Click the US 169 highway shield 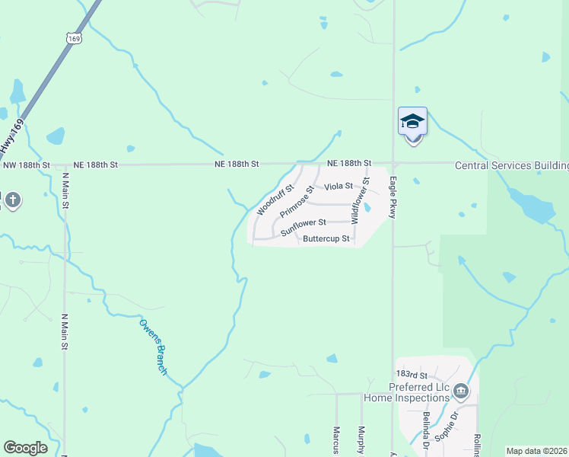pos(74,38)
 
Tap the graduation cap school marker pos(412,122)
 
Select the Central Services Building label pos(511,165)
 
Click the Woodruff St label pos(275,197)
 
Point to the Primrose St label pos(297,200)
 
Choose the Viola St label pos(339,186)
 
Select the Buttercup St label pos(326,238)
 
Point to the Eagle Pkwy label pos(393,199)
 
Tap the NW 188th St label pos(26,165)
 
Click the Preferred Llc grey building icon pos(461,392)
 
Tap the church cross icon pos(12,201)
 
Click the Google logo pos(25,448)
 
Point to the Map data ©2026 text pos(537,451)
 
